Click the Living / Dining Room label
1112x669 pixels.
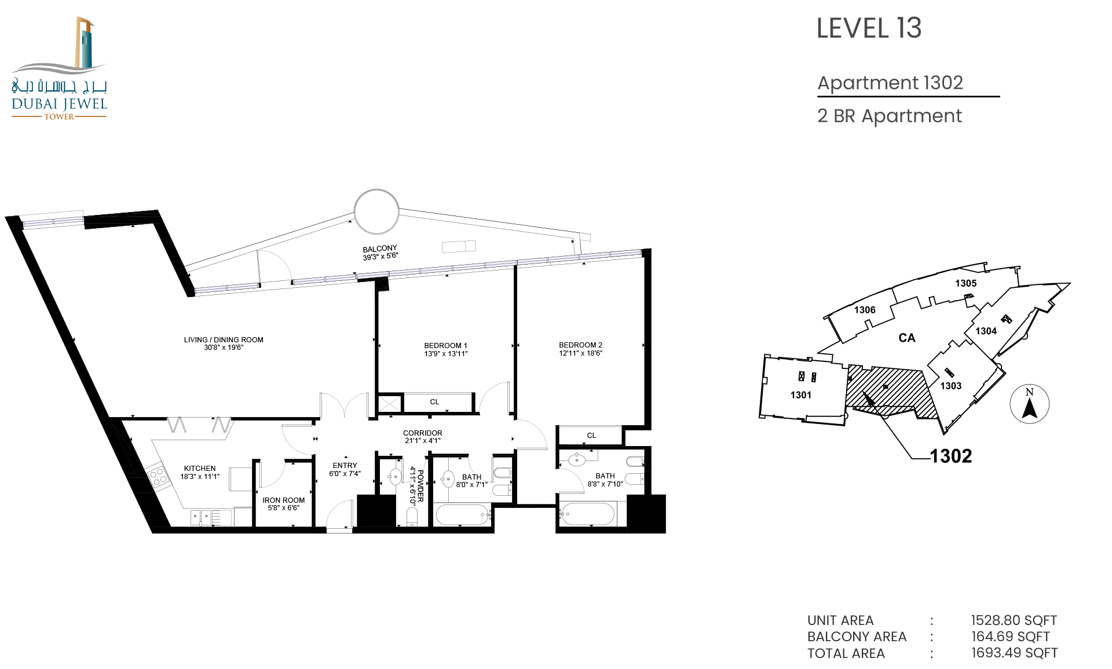[x=224, y=340]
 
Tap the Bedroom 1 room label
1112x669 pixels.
[x=445, y=346]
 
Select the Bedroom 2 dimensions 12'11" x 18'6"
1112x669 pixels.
[x=580, y=353]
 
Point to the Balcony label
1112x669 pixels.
[x=380, y=248]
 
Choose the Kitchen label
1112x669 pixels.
[x=200, y=469]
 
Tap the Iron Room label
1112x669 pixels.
[x=283, y=500]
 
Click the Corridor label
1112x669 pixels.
[x=423, y=433]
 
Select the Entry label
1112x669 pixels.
[x=345, y=466]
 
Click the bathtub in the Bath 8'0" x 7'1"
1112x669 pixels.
[x=463, y=514]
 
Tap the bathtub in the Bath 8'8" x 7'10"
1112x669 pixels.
[x=587, y=514]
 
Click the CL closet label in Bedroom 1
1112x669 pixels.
[x=434, y=402]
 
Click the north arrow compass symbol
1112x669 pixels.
[x=1029, y=404]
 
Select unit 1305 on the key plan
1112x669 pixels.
[x=966, y=283]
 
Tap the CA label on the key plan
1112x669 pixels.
[x=907, y=338]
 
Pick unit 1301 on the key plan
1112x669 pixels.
[x=801, y=395]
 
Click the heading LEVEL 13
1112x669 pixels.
[x=869, y=28]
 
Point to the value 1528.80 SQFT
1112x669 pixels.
[x=1014, y=620]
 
